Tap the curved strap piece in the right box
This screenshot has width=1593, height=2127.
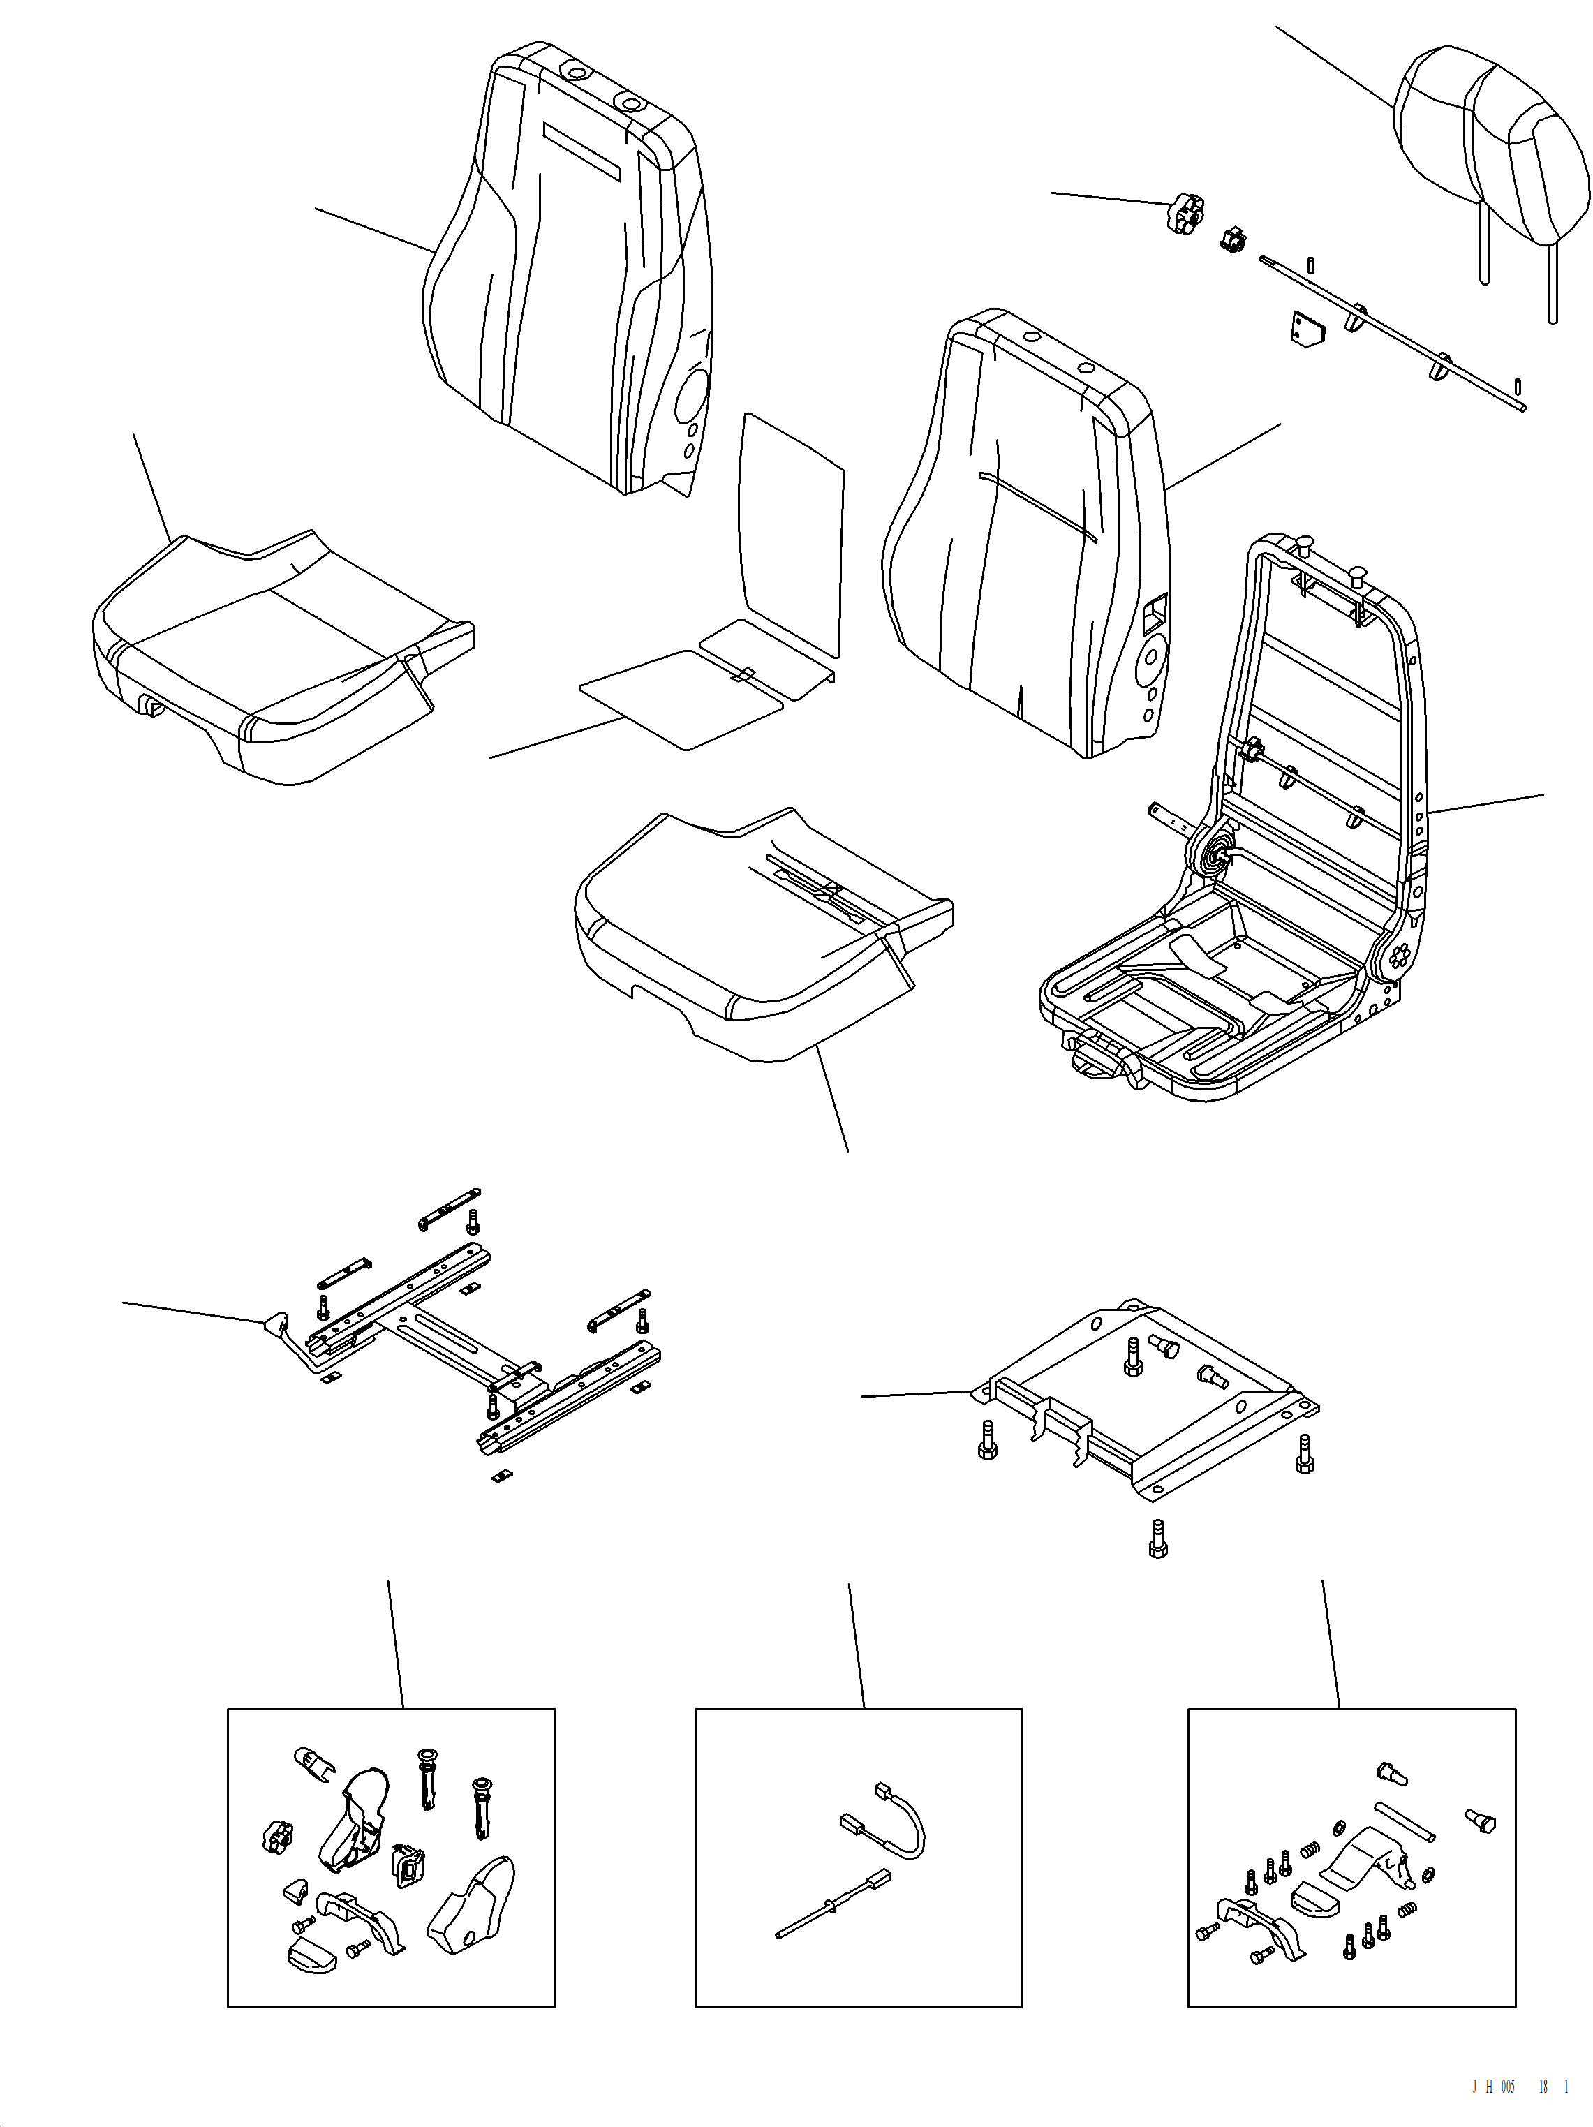[x=1365, y=1860]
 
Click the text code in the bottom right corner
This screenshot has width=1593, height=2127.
[x=1519, y=2086]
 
